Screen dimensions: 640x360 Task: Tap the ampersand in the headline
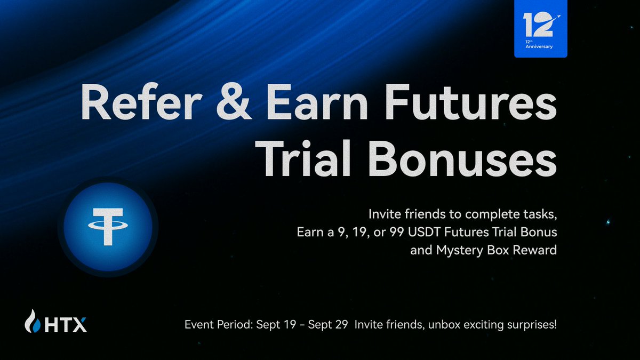[x=234, y=102]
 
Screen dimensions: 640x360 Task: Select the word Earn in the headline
[x=317, y=102]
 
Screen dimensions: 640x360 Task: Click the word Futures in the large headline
[x=470, y=102]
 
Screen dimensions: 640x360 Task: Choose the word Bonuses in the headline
[x=462, y=158]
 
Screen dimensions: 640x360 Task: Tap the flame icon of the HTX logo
[x=33, y=321]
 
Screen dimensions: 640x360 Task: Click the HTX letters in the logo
[x=66, y=325]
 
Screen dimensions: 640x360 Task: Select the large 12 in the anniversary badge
[x=538, y=26]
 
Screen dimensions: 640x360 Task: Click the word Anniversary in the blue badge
[x=539, y=46]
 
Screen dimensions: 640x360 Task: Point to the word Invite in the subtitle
[x=385, y=214]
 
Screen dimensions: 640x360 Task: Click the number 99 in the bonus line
[x=397, y=232]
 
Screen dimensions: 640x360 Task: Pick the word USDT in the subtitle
[x=425, y=232]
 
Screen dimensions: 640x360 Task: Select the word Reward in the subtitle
[x=534, y=250]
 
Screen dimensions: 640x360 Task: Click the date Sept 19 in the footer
[x=276, y=325]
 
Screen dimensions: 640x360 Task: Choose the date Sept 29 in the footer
[x=328, y=325]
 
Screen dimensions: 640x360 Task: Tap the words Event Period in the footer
[x=219, y=325]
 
